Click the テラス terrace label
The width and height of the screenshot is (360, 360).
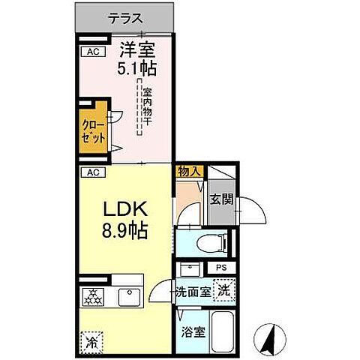pos(125,17)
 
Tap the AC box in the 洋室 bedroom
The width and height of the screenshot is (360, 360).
pos(93,52)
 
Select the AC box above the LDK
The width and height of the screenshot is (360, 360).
pos(92,172)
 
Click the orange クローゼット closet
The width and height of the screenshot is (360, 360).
pos(94,133)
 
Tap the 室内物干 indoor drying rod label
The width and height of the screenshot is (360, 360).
pos(147,106)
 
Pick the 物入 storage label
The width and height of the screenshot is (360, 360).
pos(190,172)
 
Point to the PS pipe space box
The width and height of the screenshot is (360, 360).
pos(220,268)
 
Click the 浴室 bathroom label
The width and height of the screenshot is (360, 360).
pos(191,331)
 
